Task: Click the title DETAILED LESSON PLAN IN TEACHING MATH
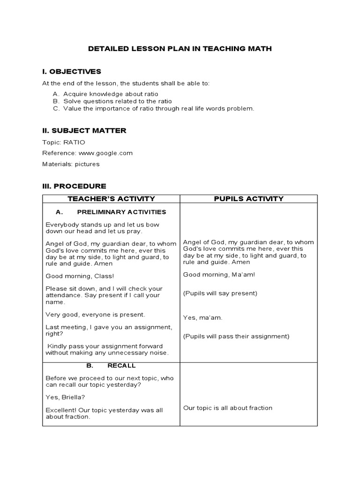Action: [180, 48]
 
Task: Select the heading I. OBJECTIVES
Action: [71, 71]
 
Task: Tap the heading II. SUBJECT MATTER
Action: [84, 130]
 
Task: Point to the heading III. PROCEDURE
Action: [74, 186]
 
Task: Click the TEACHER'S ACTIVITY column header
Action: [111, 199]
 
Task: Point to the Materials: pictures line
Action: [71, 164]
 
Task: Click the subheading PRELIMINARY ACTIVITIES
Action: [121, 212]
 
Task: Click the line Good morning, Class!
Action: [73, 276]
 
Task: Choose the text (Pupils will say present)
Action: [220, 293]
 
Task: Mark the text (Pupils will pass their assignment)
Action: [236, 336]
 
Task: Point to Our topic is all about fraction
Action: [227, 408]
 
